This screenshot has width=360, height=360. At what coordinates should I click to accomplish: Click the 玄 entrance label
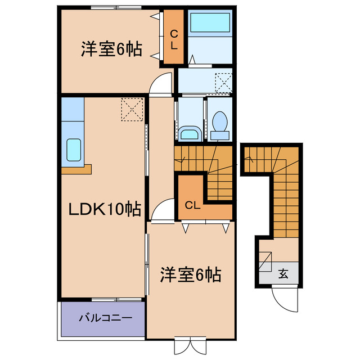(283, 274)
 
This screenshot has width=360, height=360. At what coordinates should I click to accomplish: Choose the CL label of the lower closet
(192, 205)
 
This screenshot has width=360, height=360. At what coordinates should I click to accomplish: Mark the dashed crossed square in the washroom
(224, 83)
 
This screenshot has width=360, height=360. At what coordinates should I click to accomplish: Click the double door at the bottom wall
(190, 344)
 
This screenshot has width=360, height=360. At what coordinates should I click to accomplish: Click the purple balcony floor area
(101, 321)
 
